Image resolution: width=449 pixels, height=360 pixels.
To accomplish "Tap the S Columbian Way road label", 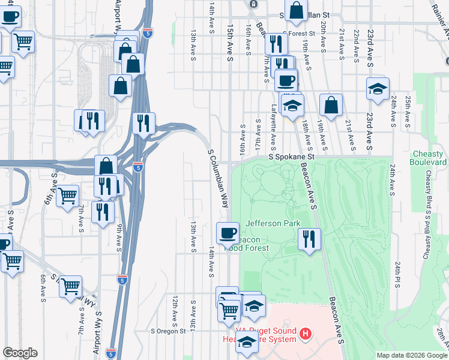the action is click(218, 178).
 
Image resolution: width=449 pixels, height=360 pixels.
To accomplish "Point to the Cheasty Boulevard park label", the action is click(429, 158).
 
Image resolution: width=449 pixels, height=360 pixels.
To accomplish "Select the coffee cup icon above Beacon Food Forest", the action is click(228, 232).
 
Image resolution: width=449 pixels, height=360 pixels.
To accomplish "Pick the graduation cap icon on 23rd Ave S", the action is click(378, 89).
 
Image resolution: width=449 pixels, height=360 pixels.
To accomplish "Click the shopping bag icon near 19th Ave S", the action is click(331, 105).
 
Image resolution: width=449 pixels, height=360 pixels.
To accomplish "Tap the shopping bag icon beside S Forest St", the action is click(296, 10).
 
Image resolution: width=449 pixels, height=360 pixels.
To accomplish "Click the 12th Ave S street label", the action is click(174, 307).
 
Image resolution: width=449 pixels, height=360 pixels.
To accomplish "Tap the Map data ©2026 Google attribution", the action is click(411, 355).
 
